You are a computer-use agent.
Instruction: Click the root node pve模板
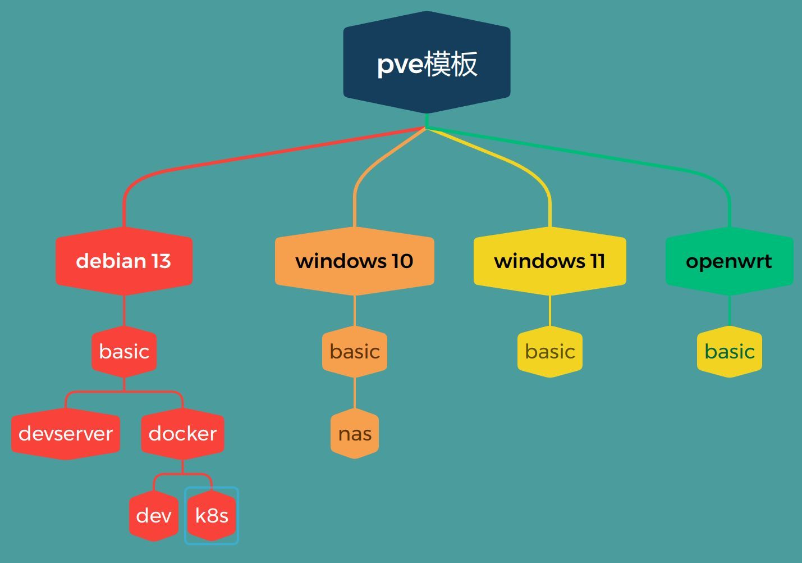pyautogui.click(x=427, y=62)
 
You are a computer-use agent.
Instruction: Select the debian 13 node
pyautogui.click(x=124, y=261)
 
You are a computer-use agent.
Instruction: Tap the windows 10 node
pyautogui.click(x=354, y=261)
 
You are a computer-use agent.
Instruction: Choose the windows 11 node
pyautogui.click(x=549, y=261)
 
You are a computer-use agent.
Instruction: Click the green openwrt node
pyautogui.click(x=729, y=261)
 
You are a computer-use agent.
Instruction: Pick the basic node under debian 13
pyautogui.click(x=124, y=352)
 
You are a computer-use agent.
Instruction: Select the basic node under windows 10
pyautogui.click(x=355, y=352)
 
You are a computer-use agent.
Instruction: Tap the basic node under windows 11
pyautogui.click(x=550, y=352)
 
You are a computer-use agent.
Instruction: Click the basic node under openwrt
pyautogui.click(x=729, y=352)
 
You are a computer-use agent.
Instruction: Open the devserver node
pyautogui.click(x=66, y=434)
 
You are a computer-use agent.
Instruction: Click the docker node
pyautogui.click(x=182, y=434)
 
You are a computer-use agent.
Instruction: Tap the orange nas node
pyautogui.click(x=355, y=434)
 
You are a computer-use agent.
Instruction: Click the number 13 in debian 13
pyautogui.click(x=161, y=261)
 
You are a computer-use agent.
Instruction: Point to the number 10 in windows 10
pyautogui.click(x=402, y=261)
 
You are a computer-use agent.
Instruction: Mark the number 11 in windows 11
pyautogui.click(x=597, y=261)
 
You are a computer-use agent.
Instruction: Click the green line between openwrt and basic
pyautogui.click(x=729, y=310)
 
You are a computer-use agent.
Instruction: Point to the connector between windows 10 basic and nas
pyautogui.click(x=355, y=393)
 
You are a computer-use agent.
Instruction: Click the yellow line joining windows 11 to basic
pyautogui.click(x=550, y=310)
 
